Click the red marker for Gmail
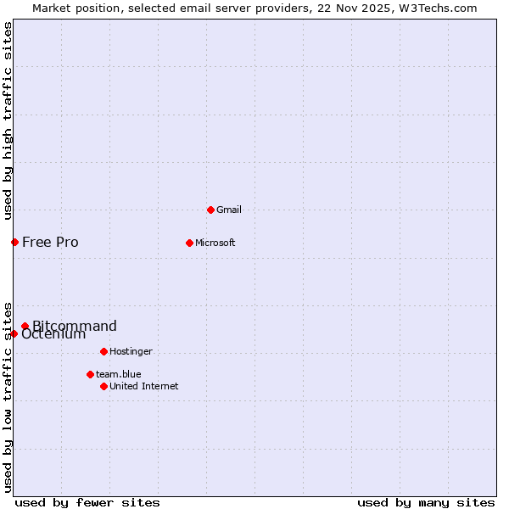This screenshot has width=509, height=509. point(210,210)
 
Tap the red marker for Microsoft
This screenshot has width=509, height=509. point(189,243)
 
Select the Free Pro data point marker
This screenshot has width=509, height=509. point(14,243)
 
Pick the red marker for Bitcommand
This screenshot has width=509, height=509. point(25,326)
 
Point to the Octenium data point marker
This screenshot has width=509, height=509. point(14,333)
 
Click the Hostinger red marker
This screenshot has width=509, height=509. point(103,351)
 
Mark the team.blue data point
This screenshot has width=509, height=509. point(90,374)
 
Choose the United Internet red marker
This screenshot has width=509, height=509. point(103,386)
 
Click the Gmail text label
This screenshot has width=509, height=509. point(229,210)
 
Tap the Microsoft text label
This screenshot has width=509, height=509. point(215,243)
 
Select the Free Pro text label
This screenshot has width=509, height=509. point(50,243)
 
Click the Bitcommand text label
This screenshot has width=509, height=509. point(75,326)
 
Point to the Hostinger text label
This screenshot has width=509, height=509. point(131,351)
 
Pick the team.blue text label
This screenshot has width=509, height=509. point(118,374)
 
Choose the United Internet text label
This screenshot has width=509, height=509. point(143,386)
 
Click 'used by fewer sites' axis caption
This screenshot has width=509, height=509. point(87,503)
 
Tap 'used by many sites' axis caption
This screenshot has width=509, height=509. point(426,503)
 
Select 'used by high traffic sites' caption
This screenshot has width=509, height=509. point(8,120)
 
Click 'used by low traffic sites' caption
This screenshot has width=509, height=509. point(8,397)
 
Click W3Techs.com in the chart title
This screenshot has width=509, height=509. point(437,8)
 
